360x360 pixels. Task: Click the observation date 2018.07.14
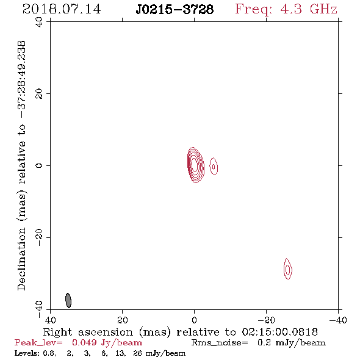click(x=62, y=9)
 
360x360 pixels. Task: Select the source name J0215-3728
click(x=175, y=10)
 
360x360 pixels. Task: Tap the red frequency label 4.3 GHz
click(x=309, y=9)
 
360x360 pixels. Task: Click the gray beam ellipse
click(x=68, y=300)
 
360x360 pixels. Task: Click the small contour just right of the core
click(x=214, y=166)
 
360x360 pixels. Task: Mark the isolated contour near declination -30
click(x=287, y=269)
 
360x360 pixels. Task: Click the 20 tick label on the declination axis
click(x=39, y=94)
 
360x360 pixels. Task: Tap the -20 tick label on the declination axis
click(x=39, y=237)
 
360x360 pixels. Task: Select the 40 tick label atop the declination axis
click(x=39, y=22)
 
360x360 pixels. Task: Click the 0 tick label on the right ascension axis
click(x=194, y=320)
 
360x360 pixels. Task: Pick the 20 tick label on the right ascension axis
click(x=122, y=320)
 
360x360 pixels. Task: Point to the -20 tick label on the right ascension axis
click(x=266, y=320)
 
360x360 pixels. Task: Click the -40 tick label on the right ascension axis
click(x=338, y=320)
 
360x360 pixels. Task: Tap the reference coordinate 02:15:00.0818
click(x=280, y=332)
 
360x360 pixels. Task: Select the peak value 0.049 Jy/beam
click(x=107, y=343)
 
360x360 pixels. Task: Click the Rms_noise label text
click(x=220, y=343)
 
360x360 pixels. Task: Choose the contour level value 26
click(x=137, y=353)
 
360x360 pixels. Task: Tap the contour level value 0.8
click(x=49, y=353)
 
